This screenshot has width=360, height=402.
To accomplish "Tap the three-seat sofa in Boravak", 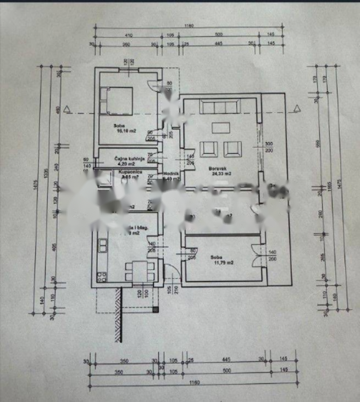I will pyautogui.click(x=219, y=107).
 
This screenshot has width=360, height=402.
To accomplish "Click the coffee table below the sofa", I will pyautogui.click(x=220, y=128).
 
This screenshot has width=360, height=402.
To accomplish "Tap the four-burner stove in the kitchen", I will pyautogui.click(x=101, y=274).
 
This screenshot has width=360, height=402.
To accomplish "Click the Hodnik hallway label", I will pyautogui.click(x=170, y=176).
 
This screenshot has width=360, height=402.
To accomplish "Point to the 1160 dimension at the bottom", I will pyautogui.click(x=190, y=383).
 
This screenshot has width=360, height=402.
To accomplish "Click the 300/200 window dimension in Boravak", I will pyautogui.click(x=269, y=146).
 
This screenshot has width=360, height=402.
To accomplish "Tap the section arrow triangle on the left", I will pyautogui.click(x=67, y=109).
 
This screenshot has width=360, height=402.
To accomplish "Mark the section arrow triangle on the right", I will pyautogui.click(x=297, y=107).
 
